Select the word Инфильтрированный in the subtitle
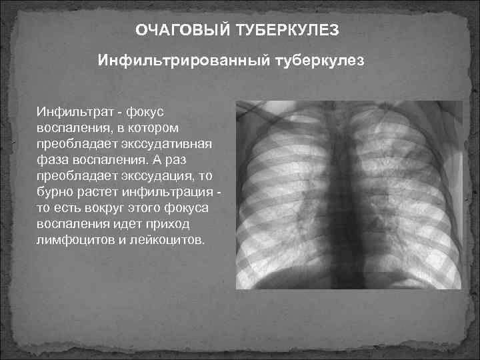pos(183,61)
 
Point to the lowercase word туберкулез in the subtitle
pos(319,61)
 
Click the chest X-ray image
pos(349,195)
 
